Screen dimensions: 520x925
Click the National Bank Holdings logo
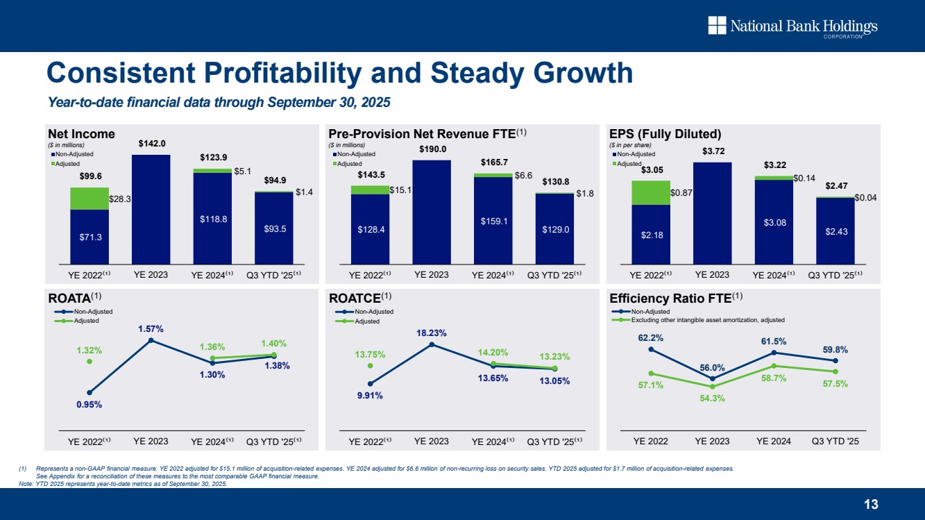792,27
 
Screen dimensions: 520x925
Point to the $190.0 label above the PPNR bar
432,149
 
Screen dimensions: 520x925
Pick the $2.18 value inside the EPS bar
650,235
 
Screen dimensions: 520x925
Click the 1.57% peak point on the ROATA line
151,340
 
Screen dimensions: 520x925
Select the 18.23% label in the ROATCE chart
432,333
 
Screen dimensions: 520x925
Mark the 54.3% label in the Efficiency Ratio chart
713,398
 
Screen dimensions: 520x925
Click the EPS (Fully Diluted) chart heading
664,133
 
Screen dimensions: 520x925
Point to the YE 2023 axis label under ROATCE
431,441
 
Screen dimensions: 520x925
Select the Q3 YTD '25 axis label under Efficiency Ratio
835,441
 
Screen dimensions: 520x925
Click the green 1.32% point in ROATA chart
90,361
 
